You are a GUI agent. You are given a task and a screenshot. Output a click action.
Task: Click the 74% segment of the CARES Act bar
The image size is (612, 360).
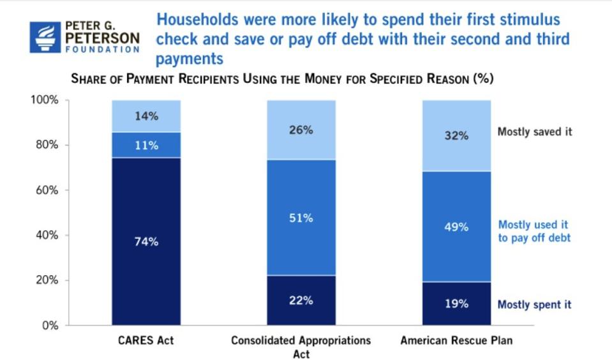[x=146, y=241]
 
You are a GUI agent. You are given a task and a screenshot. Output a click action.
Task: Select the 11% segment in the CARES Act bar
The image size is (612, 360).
[x=146, y=145]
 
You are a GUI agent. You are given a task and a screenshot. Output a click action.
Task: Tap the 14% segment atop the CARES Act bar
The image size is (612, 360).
[x=146, y=116]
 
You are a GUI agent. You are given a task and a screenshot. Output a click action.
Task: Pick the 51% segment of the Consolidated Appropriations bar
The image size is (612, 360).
[x=301, y=218]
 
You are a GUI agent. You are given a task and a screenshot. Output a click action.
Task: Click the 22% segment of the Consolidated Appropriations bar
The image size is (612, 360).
[x=301, y=301]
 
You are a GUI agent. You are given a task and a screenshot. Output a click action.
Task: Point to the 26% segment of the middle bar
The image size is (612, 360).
[x=301, y=130]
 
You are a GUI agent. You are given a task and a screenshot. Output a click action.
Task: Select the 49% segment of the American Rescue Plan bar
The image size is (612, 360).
[x=457, y=227]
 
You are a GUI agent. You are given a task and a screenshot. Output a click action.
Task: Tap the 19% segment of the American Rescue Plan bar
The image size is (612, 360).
[x=457, y=304]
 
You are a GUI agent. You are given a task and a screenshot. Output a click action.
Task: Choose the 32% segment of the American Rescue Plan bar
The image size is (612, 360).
[x=457, y=135]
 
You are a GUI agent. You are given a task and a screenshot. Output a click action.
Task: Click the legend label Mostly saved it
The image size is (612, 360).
[x=535, y=132]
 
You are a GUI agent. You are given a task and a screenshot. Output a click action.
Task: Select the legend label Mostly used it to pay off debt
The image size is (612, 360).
[x=533, y=231]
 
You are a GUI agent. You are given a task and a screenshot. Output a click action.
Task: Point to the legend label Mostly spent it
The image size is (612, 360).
[x=534, y=304]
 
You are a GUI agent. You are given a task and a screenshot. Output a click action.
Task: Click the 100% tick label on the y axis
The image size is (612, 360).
[x=46, y=100]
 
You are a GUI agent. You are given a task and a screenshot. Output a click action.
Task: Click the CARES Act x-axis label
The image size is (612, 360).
[x=146, y=341]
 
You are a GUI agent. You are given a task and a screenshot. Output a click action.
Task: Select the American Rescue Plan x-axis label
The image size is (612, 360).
[x=456, y=341]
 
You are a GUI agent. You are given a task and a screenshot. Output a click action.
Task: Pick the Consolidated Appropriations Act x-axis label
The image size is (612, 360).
[x=301, y=347]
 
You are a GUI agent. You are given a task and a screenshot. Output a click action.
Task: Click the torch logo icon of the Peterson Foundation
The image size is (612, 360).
[x=44, y=36]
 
